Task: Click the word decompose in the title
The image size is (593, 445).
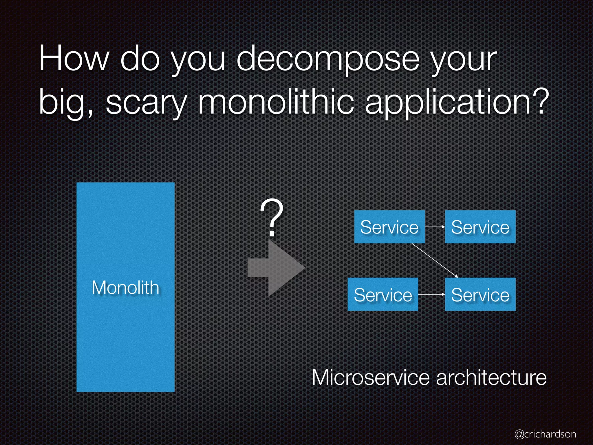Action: pos(328,59)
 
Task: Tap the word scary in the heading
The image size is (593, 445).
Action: pos(146,103)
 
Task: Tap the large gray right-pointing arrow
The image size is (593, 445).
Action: pos(276,268)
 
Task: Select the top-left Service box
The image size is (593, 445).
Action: pos(389,227)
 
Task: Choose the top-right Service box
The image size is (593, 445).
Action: pos(480,227)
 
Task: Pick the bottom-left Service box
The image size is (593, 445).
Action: pos(382,294)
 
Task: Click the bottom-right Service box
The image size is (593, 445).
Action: pos(480,294)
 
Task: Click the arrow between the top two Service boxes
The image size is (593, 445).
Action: pos(435,227)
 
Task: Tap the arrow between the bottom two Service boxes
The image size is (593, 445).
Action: pos(431,294)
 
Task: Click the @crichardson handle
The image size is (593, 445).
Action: pos(545,434)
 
